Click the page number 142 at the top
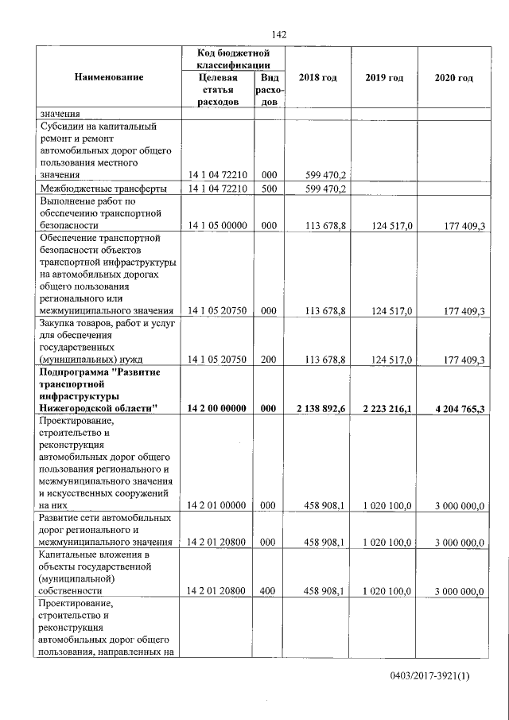click(x=278, y=34)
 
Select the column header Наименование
click(x=109, y=77)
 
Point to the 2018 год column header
click(x=317, y=77)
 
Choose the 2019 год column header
click(x=384, y=77)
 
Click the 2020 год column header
click(x=454, y=77)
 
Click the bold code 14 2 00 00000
click(x=217, y=408)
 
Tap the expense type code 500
click(x=269, y=189)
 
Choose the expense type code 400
click(x=269, y=591)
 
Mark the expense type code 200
click(x=269, y=360)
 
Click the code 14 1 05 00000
click(x=217, y=226)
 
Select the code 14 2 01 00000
click(x=217, y=505)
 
